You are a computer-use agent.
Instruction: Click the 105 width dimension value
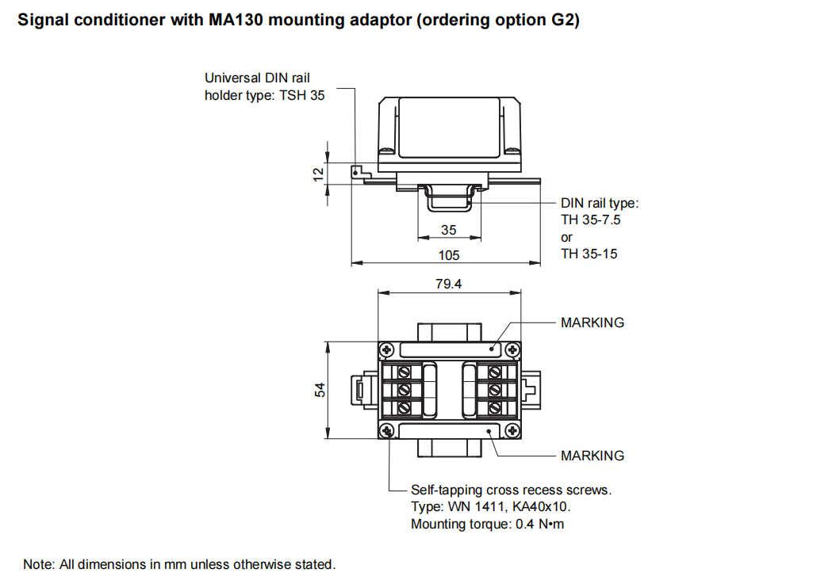click(x=448, y=255)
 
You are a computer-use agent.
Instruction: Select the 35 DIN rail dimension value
click(x=449, y=230)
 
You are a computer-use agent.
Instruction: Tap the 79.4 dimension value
click(x=448, y=284)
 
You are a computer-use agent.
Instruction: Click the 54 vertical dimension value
click(x=320, y=390)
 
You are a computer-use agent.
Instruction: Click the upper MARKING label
click(x=592, y=323)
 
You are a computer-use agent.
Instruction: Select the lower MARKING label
click(x=592, y=456)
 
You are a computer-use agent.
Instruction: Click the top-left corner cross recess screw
click(x=386, y=349)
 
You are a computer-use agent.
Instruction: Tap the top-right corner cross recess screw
click(x=512, y=349)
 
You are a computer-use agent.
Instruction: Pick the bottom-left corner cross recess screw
click(x=386, y=430)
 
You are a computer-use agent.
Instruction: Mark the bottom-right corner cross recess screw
click(x=512, y=430)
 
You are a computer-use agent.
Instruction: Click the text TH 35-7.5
click(x=590, y=220)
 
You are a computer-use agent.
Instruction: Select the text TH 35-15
click(x=589, y=254)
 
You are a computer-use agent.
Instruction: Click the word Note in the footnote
click(x=37, y=565)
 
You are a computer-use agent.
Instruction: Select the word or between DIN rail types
click(x=566, y=238)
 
